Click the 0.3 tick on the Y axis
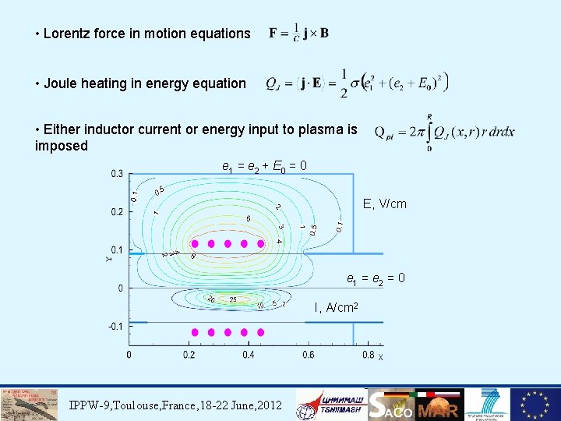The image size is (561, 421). click(x=117, y=173)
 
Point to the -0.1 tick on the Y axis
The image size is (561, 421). click(x=115, y=326)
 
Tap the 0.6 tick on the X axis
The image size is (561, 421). click(x=308, y=355)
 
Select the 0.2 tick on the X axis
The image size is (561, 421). click(x=189, y=355)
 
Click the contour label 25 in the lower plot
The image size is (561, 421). click(x=232, y=299)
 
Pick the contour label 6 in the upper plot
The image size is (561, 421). click(x=248, y=218)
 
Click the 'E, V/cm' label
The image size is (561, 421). click(x=385, y=204)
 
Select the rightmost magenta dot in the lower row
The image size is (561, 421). click(x=260, y=332)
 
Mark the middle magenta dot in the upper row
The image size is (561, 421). click(x=228, y=243)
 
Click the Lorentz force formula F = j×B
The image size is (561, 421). click(x=298, y=33)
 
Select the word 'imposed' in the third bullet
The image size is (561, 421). click(x=62, y=146)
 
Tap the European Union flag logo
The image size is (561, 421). click(x=535, y=405)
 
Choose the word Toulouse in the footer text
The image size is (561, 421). click(x=150, y=405)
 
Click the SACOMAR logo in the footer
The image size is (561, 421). click(x=414, y=405)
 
